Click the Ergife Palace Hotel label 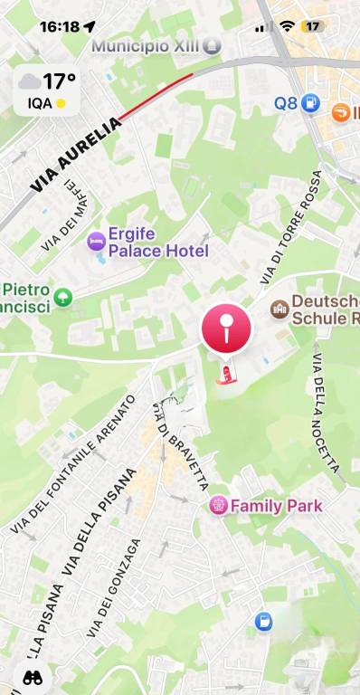(157, 242)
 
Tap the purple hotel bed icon (95, 241)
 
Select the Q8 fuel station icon (311, 103)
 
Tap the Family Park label (276, 505)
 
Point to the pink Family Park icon (218, 505)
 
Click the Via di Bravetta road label (182, 446)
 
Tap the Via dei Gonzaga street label (114, 588)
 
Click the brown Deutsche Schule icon (279, 310)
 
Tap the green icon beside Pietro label (62, 297)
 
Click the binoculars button (32, 676)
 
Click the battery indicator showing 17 (313, 26)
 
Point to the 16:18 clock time (60, 26)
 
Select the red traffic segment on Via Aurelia (156, 97)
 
